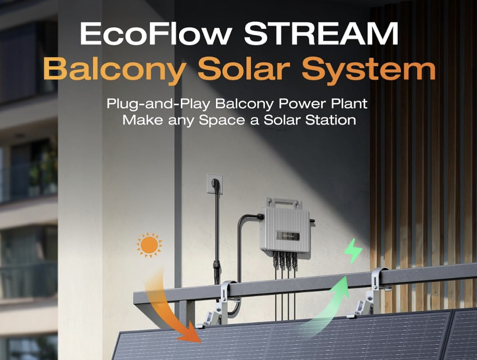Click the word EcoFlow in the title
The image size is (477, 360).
155,33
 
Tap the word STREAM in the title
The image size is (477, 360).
321,33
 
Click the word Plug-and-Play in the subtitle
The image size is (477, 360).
158,104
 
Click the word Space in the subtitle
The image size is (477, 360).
222,120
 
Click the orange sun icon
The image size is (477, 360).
149,245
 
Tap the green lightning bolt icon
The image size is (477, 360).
353,251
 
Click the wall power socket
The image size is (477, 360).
215,183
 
